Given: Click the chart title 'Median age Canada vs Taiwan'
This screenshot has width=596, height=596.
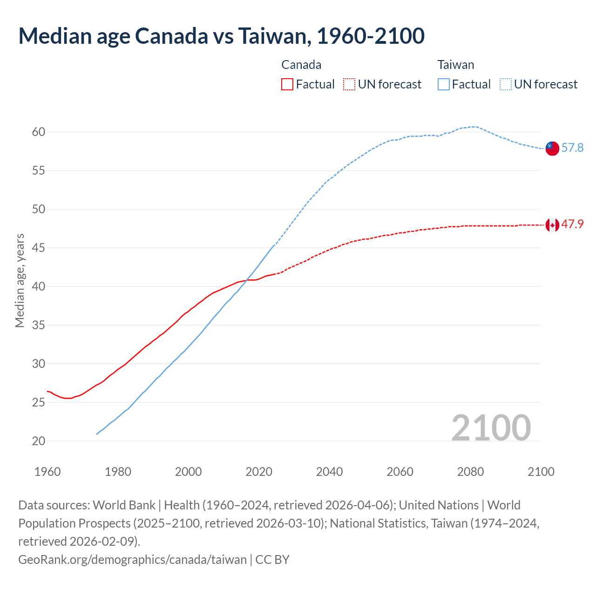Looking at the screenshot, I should [x=221, y=36].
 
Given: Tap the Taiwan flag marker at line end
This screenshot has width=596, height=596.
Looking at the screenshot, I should [x=552, y=148].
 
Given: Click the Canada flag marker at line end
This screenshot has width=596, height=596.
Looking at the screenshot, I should [x=552, y=225].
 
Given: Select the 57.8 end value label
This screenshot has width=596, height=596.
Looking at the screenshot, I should [x=572, y=148].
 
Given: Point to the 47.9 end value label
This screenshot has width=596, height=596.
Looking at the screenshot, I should [x=572, y=224].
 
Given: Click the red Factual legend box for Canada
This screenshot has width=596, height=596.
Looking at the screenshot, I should [x=287, y=84].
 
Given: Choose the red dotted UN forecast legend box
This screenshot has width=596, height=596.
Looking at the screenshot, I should [x=349, y=84].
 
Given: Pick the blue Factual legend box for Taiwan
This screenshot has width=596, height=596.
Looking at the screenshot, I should [x=444, y=84].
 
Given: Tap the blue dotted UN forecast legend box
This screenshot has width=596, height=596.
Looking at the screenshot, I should [x=505, y=84].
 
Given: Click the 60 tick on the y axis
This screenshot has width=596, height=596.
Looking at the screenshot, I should [x=39, y=132].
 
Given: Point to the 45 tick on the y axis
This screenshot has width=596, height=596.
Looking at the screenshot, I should [x=39, y=248].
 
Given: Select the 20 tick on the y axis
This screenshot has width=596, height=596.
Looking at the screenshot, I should [x=39, y=441].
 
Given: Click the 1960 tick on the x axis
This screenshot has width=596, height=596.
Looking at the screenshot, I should [x=47, y=472].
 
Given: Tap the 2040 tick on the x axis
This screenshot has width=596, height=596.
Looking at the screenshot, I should [x=329, y=472].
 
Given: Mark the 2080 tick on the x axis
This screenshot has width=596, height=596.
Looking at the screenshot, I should [x=470, y=472].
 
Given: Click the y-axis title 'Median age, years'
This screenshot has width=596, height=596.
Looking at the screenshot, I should [x=20, y=281].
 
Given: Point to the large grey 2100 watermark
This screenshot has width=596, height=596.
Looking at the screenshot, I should [x=491, y=428].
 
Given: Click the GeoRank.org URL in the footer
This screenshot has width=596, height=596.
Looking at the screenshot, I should [x=132, y=559].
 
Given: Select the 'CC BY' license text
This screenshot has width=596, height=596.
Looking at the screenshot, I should [x=272, y=559].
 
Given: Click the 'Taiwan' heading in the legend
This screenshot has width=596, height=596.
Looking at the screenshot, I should [x=456, y=65].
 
